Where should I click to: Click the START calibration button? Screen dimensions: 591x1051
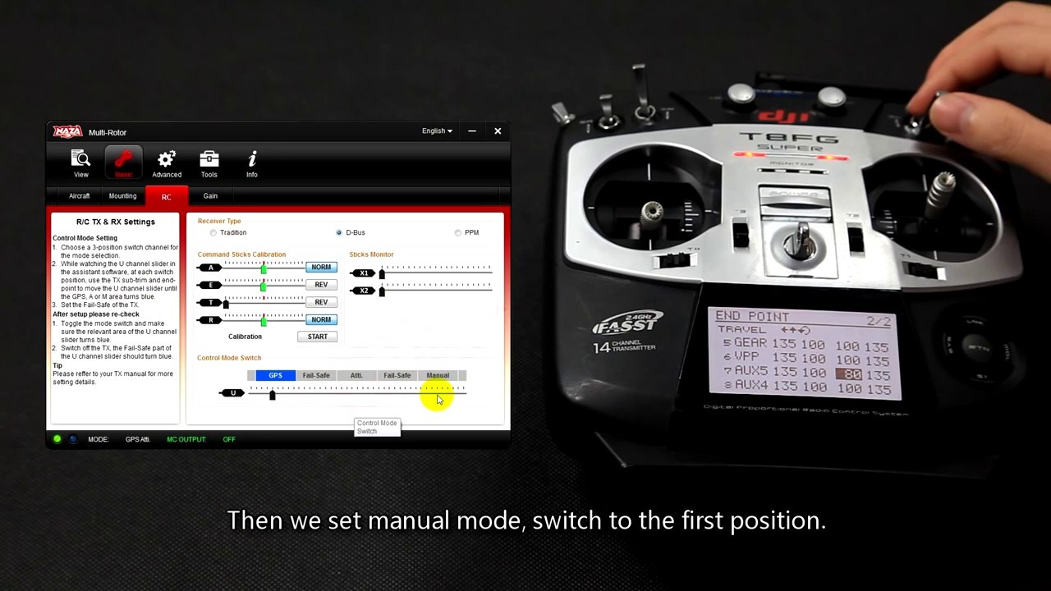click(x=317, y=337)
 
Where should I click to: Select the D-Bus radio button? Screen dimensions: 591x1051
click(x=339, y=233)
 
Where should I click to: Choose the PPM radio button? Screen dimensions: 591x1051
click(x=458, y=233)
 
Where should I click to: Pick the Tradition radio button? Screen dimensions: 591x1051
click(x=213, y=233)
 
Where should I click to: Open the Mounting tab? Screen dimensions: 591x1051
click(x=122, y=196)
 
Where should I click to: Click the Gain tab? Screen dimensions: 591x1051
click(x=210, y=196)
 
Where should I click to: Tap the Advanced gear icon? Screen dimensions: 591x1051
click(x=167, y=162)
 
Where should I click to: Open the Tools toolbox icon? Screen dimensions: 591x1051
click(x=209, y=162)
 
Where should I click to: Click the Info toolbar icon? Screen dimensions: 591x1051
click(x=252, y=162)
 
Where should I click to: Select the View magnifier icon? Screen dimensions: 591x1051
click(x=81, y=162)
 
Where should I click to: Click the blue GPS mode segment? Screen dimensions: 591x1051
click(x=275, y=376)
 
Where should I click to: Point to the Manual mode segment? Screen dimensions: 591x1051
click(x=438, y=376)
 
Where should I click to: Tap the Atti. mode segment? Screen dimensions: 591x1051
click(x=356, y=376)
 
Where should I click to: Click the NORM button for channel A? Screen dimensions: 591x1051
click(x=321, y=268)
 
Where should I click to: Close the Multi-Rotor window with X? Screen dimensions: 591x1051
click(x=498, y=131)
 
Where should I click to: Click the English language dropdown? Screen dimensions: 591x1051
click(x=437, y=131)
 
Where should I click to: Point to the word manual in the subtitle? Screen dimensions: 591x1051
click(x=409, y=520)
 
